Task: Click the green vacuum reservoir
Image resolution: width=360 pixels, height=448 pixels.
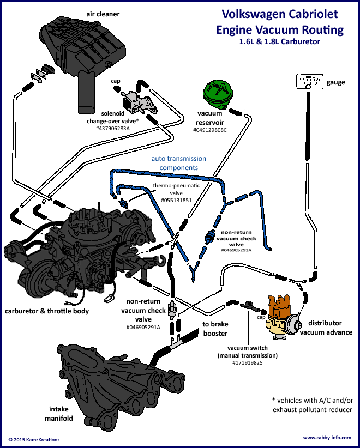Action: (x=217, y=94)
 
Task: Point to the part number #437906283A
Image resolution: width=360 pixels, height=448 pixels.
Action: (x=113, y=128)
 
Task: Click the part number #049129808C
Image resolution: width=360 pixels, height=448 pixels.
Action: (x=209, y=130)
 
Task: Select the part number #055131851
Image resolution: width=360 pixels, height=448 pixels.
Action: (x=176, y=200)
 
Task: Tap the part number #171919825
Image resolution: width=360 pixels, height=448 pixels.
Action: (x=247, y=363)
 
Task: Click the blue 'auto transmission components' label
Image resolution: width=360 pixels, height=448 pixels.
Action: (x=179, y=163)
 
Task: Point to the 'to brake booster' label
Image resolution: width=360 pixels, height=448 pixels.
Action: (x=215, y=329)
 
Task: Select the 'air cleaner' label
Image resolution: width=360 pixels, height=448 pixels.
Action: (x=103, y=14)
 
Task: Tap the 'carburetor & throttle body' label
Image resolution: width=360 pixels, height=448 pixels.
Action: (x=47, y=311)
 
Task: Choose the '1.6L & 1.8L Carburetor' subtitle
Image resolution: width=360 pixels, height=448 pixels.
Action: (x=280, y=41)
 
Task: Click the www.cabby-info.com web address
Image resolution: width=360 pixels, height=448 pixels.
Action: (x=327, y=438)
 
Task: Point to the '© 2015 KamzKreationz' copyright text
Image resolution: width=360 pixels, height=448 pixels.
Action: (x=34, y=439)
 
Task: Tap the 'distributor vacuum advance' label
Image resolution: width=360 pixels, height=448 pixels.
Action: (x=326, y=328)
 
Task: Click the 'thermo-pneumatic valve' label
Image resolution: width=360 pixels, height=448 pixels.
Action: (x=176, y=189)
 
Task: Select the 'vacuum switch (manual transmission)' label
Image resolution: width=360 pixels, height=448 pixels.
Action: (x=248, y=352)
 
